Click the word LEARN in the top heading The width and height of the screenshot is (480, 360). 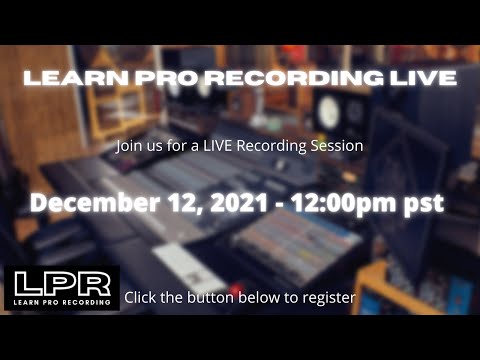pos(67,77)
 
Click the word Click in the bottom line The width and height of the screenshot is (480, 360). pos(140,297)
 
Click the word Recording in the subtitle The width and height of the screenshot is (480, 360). pos(275,146)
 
